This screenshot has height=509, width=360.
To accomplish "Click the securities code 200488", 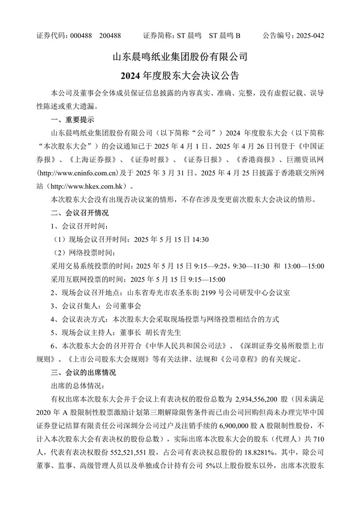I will point(109,36).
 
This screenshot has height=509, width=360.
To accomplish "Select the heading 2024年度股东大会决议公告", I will point(180,76).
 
